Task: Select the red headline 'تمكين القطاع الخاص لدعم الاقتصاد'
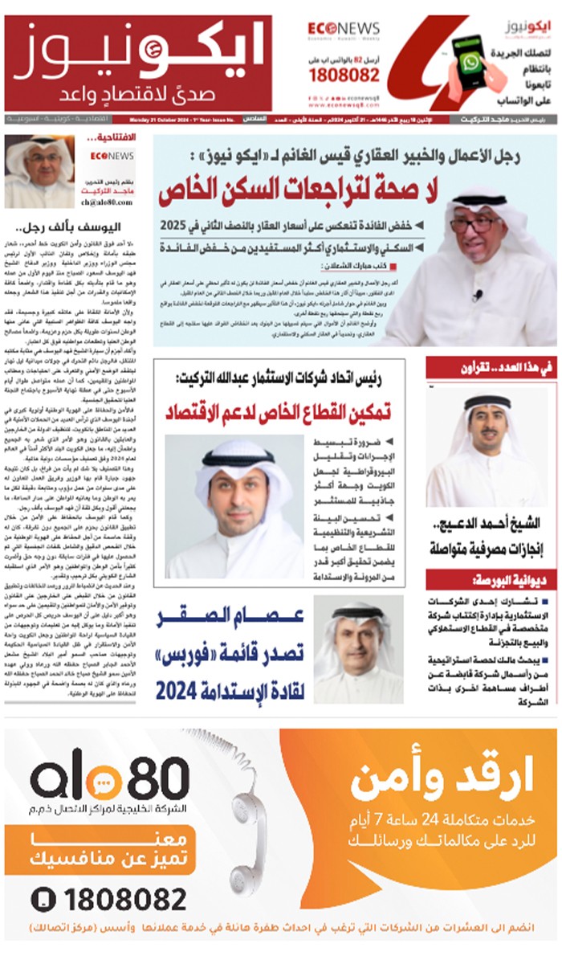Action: coord(278,413)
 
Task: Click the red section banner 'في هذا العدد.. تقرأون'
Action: coord(491,368)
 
